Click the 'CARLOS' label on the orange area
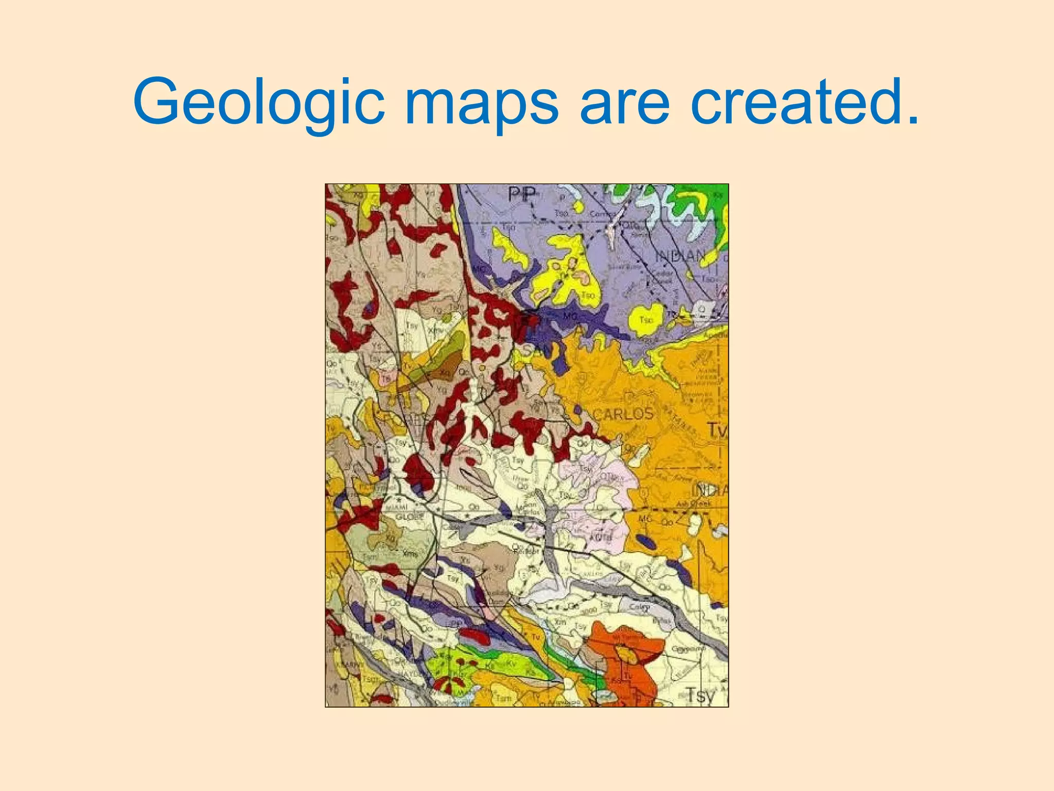pyautogui.click(x=623, y=414)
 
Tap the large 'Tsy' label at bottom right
pyautogui.click(x=701, y=695)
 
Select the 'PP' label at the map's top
pyautogui.click(x=522, y=195)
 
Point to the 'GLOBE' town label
pyautogui.click(x=410, y=517)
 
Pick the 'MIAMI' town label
pyautogui.click(x=396, y=507)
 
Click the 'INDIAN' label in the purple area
pyautogui.click(x=680, y=255)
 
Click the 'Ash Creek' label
pyautogui.click(x=693, y=504)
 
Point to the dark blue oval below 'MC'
pyautogui.click(x=645, y=541)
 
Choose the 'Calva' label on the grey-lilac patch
pyautogui.click(x=639, y=607)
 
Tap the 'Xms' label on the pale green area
pyautogui.click(x=410, y=554)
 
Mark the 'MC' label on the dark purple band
pyautogui.click(x=570, y=316)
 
